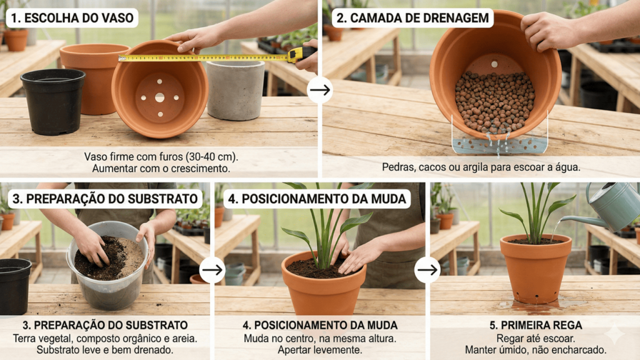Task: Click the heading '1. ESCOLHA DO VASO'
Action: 72,18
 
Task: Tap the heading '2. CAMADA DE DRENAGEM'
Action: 412,18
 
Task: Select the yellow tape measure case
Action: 301,54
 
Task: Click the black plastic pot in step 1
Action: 53,101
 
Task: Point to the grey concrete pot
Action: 236,90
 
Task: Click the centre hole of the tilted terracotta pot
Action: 159,97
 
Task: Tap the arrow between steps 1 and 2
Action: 320,90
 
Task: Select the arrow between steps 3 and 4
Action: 212,270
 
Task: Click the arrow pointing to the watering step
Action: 427,270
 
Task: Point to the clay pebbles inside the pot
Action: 495,101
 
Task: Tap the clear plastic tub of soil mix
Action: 107,265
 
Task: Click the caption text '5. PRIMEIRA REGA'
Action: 536,325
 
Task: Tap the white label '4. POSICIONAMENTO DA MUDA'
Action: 317,199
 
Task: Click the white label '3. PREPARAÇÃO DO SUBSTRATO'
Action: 105,199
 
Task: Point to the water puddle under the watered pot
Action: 539,305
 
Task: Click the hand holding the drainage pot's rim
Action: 549,31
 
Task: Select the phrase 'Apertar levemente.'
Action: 319,350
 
